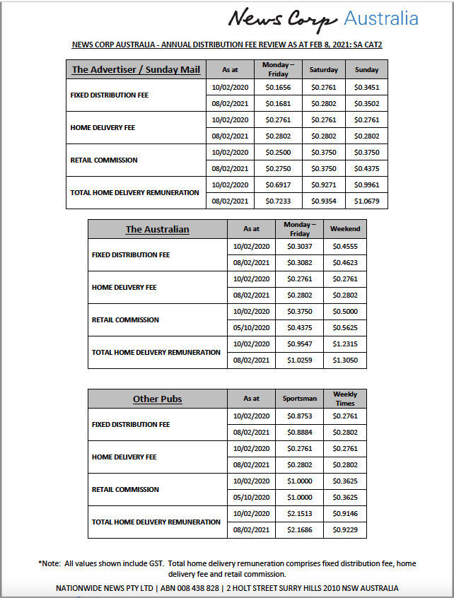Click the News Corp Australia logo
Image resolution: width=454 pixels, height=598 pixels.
(x=323, y=19)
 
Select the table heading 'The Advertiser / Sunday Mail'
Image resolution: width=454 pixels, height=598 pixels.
(x=136, y=69)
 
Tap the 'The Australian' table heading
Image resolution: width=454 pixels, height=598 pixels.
(x=157, y=229)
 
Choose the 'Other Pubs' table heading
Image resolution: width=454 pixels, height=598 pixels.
(x=157, y=399)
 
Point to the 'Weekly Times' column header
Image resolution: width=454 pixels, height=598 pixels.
(x=345, y=399)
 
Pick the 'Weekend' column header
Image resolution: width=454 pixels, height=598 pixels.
(x=345, y=229)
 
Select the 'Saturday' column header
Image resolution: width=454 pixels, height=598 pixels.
(x=325, y=69)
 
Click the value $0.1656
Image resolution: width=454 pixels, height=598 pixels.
(x=278, y=88)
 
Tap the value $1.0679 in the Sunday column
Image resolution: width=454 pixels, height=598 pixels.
(x=366, y=201)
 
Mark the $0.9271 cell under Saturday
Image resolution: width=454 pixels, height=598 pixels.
(x=325, y=184)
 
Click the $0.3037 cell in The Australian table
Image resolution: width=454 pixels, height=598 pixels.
(x=299, y=247)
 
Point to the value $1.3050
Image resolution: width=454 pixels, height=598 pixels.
(x=345, y=360)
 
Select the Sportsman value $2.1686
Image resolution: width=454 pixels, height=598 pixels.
(x=299, y=529)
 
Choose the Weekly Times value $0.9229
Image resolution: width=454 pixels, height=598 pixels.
(x=345, y=529)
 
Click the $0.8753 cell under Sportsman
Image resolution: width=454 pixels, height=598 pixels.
(x=299, y=416)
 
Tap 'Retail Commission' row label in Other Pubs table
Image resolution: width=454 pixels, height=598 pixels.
(x=125, y=489)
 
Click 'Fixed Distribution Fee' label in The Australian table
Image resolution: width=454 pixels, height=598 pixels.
(x=131, y=254)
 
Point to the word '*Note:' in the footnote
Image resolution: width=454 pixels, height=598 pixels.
(x=50, y=563)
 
